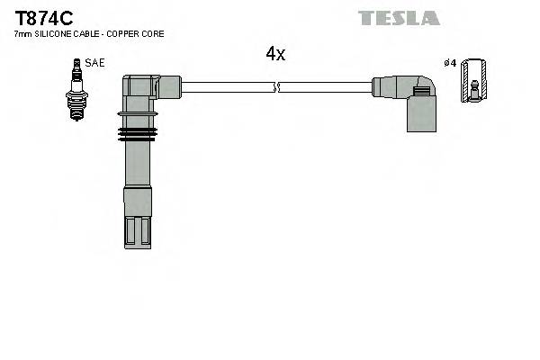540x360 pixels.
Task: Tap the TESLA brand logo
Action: [399, 18]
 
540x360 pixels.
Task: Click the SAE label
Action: [94, 63]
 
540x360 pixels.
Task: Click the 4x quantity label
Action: [274, 54]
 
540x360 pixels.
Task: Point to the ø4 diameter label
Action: [450, 63]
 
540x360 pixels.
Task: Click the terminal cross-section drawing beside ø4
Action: [473, 81]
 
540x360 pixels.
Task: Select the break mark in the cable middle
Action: [277, 87]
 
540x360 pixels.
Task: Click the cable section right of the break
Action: [324, 87]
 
